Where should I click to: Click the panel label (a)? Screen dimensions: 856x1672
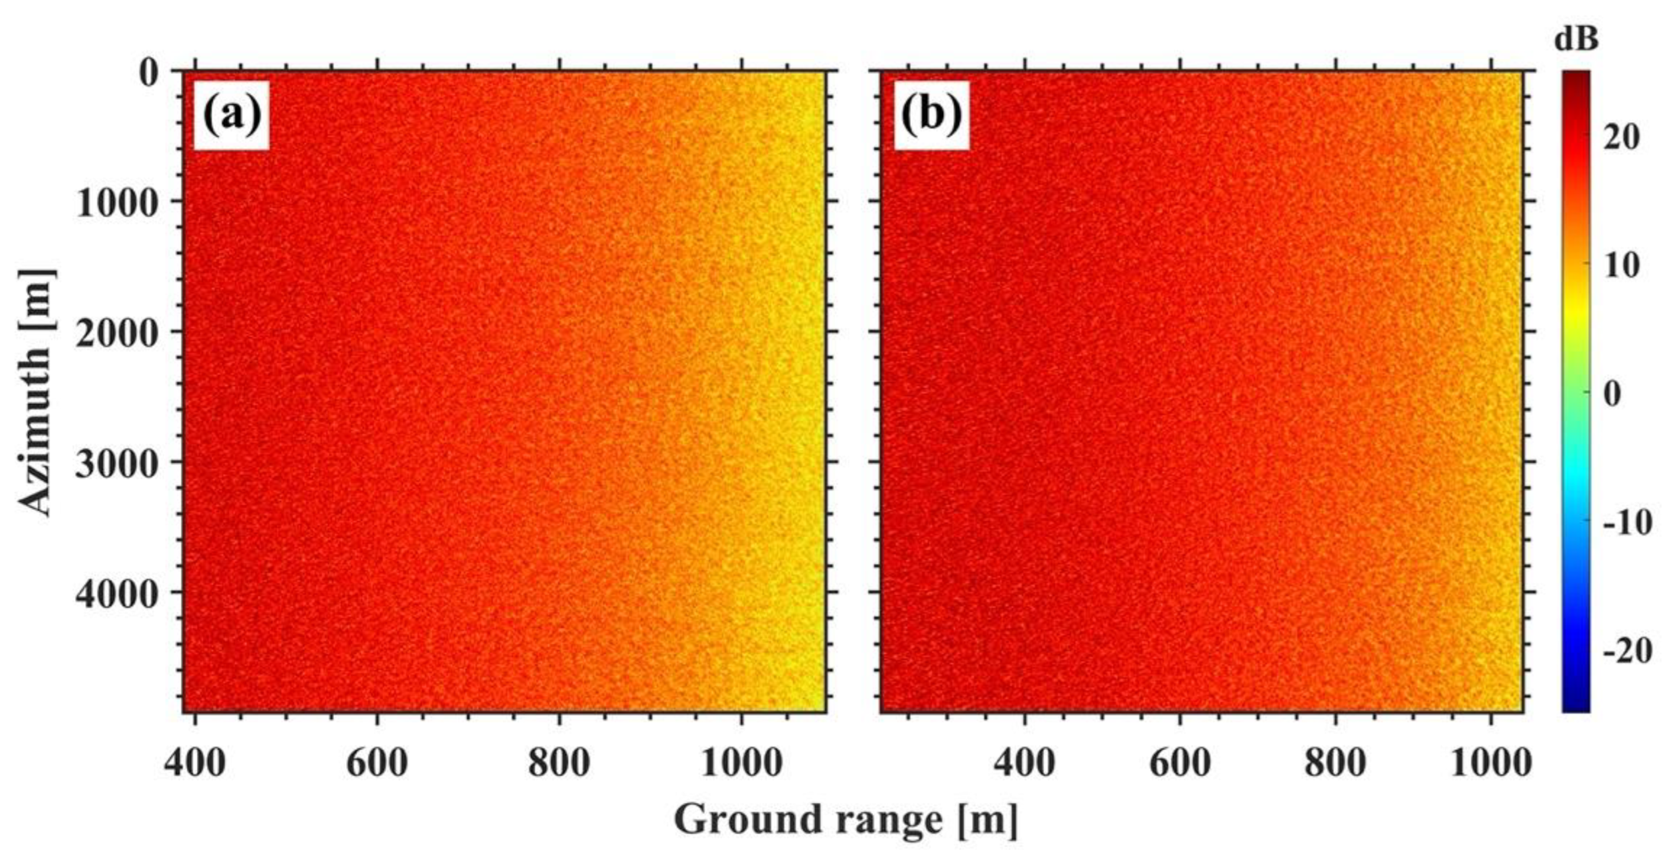tap(232, 116)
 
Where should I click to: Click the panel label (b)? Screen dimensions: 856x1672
tap(931, 116)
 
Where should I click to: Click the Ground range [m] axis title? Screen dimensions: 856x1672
tap(846, 821)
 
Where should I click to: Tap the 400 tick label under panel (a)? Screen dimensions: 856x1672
tap(195, 762)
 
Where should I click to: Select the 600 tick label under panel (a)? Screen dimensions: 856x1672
tap(376, 762)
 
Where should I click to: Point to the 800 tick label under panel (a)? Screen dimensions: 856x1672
tap(559, 762)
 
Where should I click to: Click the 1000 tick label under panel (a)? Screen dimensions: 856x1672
tap(741, 762)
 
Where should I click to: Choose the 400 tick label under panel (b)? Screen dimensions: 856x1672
tap(1024, 762)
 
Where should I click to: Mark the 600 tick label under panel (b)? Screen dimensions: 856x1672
tap(1179, 762)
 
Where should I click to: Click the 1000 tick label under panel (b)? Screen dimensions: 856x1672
tap(1491, 762)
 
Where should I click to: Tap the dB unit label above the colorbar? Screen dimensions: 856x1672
tap(1576, 40)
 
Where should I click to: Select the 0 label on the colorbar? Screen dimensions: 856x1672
tap(1612, 393)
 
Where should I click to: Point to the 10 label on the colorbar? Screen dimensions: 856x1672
tap(1620, 265)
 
